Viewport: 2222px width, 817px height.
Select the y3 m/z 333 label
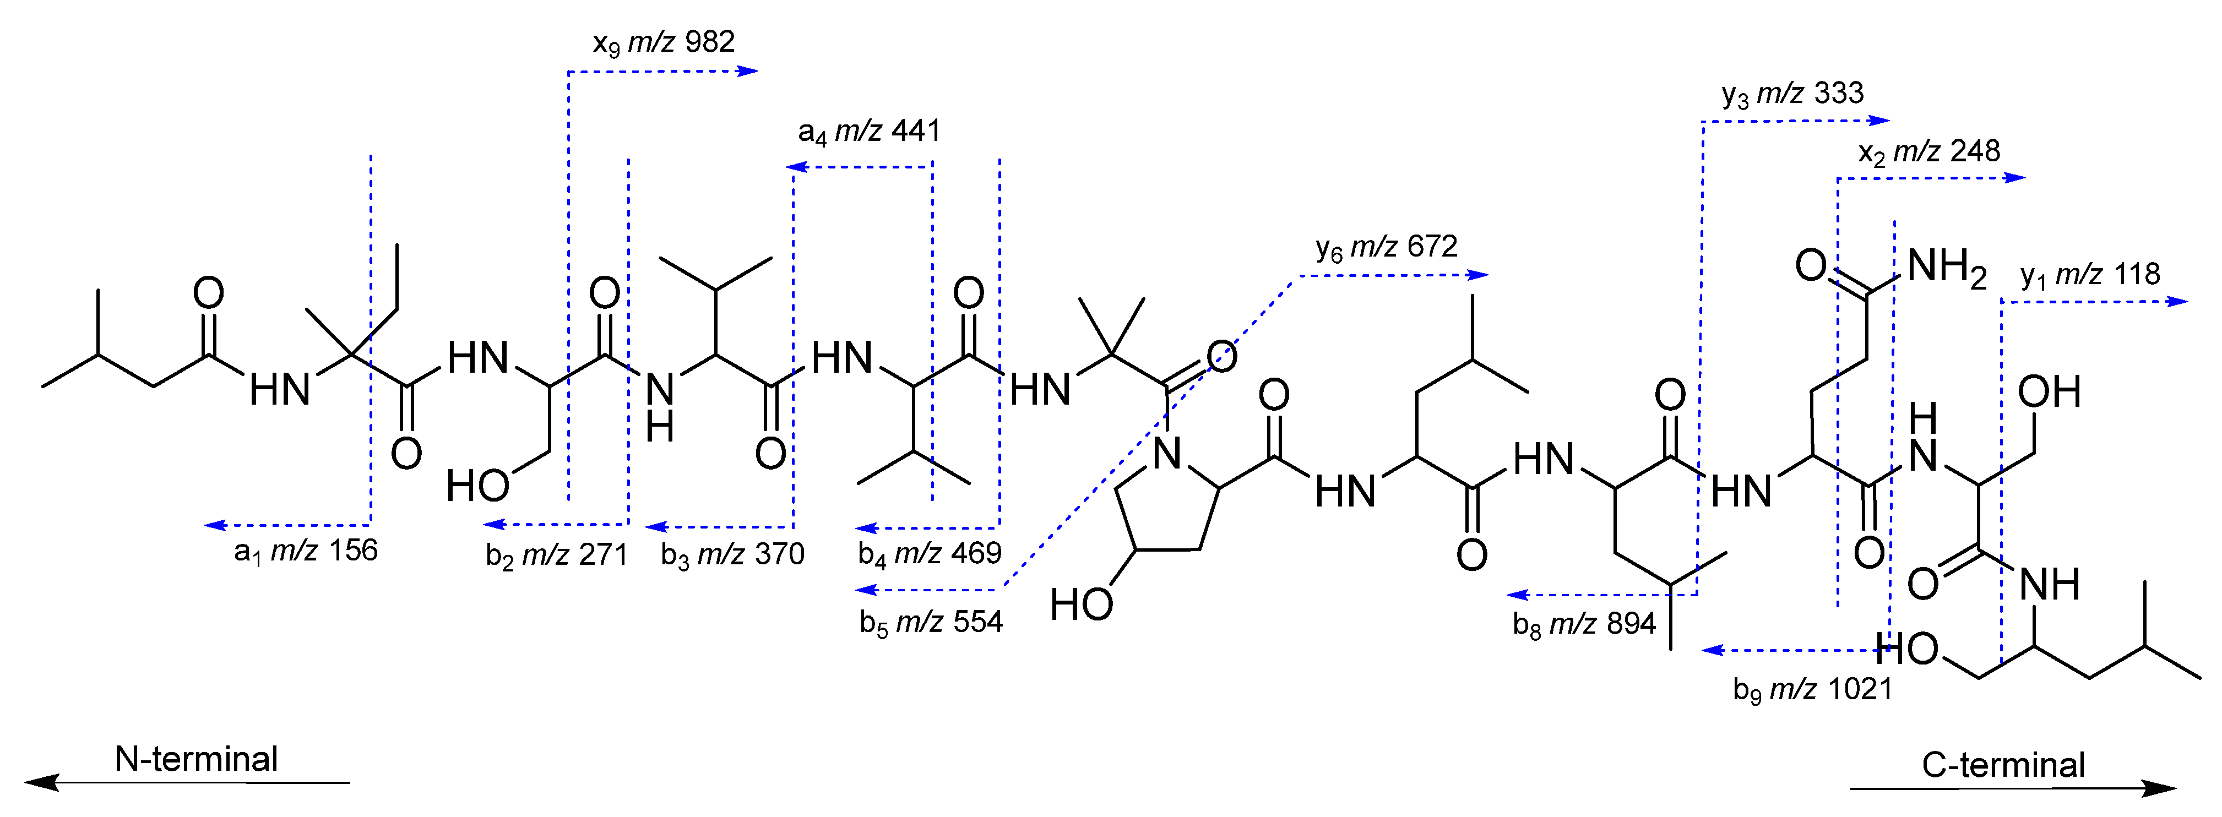tap(1792, 93)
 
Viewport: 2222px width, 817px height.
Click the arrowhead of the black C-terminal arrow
tap(2161, 788)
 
